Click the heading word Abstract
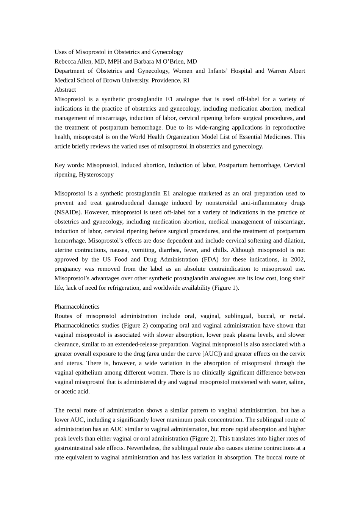[x=65, y=90]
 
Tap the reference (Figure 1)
[x=225, y=288]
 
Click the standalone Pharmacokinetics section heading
[x=77, y=307]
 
